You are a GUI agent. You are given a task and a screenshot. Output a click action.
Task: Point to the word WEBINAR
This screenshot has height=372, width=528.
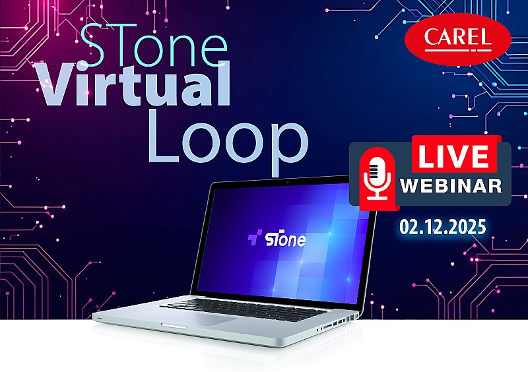pyautogui.click(x=451, y=186)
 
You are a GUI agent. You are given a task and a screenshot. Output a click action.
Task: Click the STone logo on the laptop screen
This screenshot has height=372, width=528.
pyautogui.click(x=277, y=239)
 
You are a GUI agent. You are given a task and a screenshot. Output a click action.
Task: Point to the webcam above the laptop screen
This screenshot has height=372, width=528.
pyautogui.click(x=288, y=180)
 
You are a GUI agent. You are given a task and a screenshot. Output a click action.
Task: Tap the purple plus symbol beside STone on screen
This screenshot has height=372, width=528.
pyautogui.click(x=254, y=238)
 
